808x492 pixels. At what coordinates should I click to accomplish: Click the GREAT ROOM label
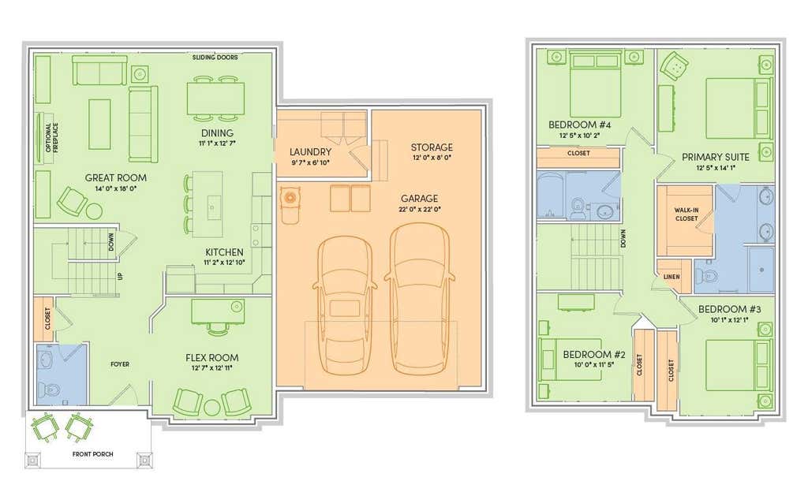(x=115, y=178)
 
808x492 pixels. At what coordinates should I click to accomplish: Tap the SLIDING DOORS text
(x=215, y=58)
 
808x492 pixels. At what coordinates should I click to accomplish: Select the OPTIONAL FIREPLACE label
(x=52, y=137)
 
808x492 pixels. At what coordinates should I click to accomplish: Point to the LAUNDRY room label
(x=310, y=152)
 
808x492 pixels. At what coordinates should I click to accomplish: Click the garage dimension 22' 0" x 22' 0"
(x=420, y=210)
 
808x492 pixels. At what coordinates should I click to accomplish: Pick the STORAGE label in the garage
(x=432, y=147)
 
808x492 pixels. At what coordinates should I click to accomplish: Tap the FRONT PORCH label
(x=93, y=454)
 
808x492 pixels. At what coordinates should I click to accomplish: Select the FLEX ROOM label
(x=211, y=358)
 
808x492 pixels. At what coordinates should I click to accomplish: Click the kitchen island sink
(x=211, y=207)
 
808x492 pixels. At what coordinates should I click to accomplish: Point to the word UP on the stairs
(x=121, y=277)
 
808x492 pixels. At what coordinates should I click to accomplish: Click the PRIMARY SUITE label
(x=715, y=158)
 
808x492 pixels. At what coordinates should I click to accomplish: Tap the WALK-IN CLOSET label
(x=686, y=214)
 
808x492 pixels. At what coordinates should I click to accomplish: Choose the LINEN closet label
(x=671, y=277)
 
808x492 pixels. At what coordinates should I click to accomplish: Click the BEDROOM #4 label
(x=579, y=125)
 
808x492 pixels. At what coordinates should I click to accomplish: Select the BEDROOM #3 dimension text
(x=729, y=319)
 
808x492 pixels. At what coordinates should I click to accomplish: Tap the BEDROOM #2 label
(x=593, y=355)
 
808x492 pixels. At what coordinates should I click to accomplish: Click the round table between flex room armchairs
(x=211, y=407)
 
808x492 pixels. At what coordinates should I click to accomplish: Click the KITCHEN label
(x=224, y=252)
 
